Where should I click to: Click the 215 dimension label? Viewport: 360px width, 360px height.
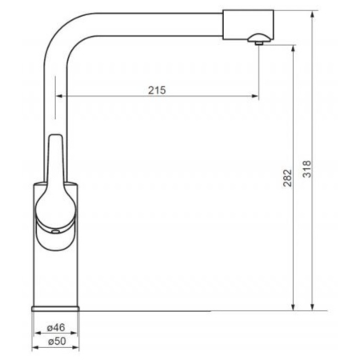pyautogui.click(x=157, y=90)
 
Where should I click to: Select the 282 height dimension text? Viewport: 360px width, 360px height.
pyautogui.click(x=287, y=178)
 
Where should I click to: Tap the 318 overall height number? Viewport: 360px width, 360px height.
pyautogui.click(x=307, y=169)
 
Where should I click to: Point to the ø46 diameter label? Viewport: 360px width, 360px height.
pyautogui.click(x=56, y=327)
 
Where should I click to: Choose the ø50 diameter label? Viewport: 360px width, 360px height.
pyautogui.click(x=57, y=341)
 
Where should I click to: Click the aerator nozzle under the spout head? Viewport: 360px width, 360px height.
pyautogui.click(x=258, y=39)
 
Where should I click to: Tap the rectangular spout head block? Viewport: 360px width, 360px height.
pyautogui.click(x=248, y=25)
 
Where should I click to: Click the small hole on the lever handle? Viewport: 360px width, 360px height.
pyautogui.click(x=55, y=232)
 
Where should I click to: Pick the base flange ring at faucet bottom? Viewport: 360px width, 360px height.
pyautogui.click(x=55, y=309)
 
